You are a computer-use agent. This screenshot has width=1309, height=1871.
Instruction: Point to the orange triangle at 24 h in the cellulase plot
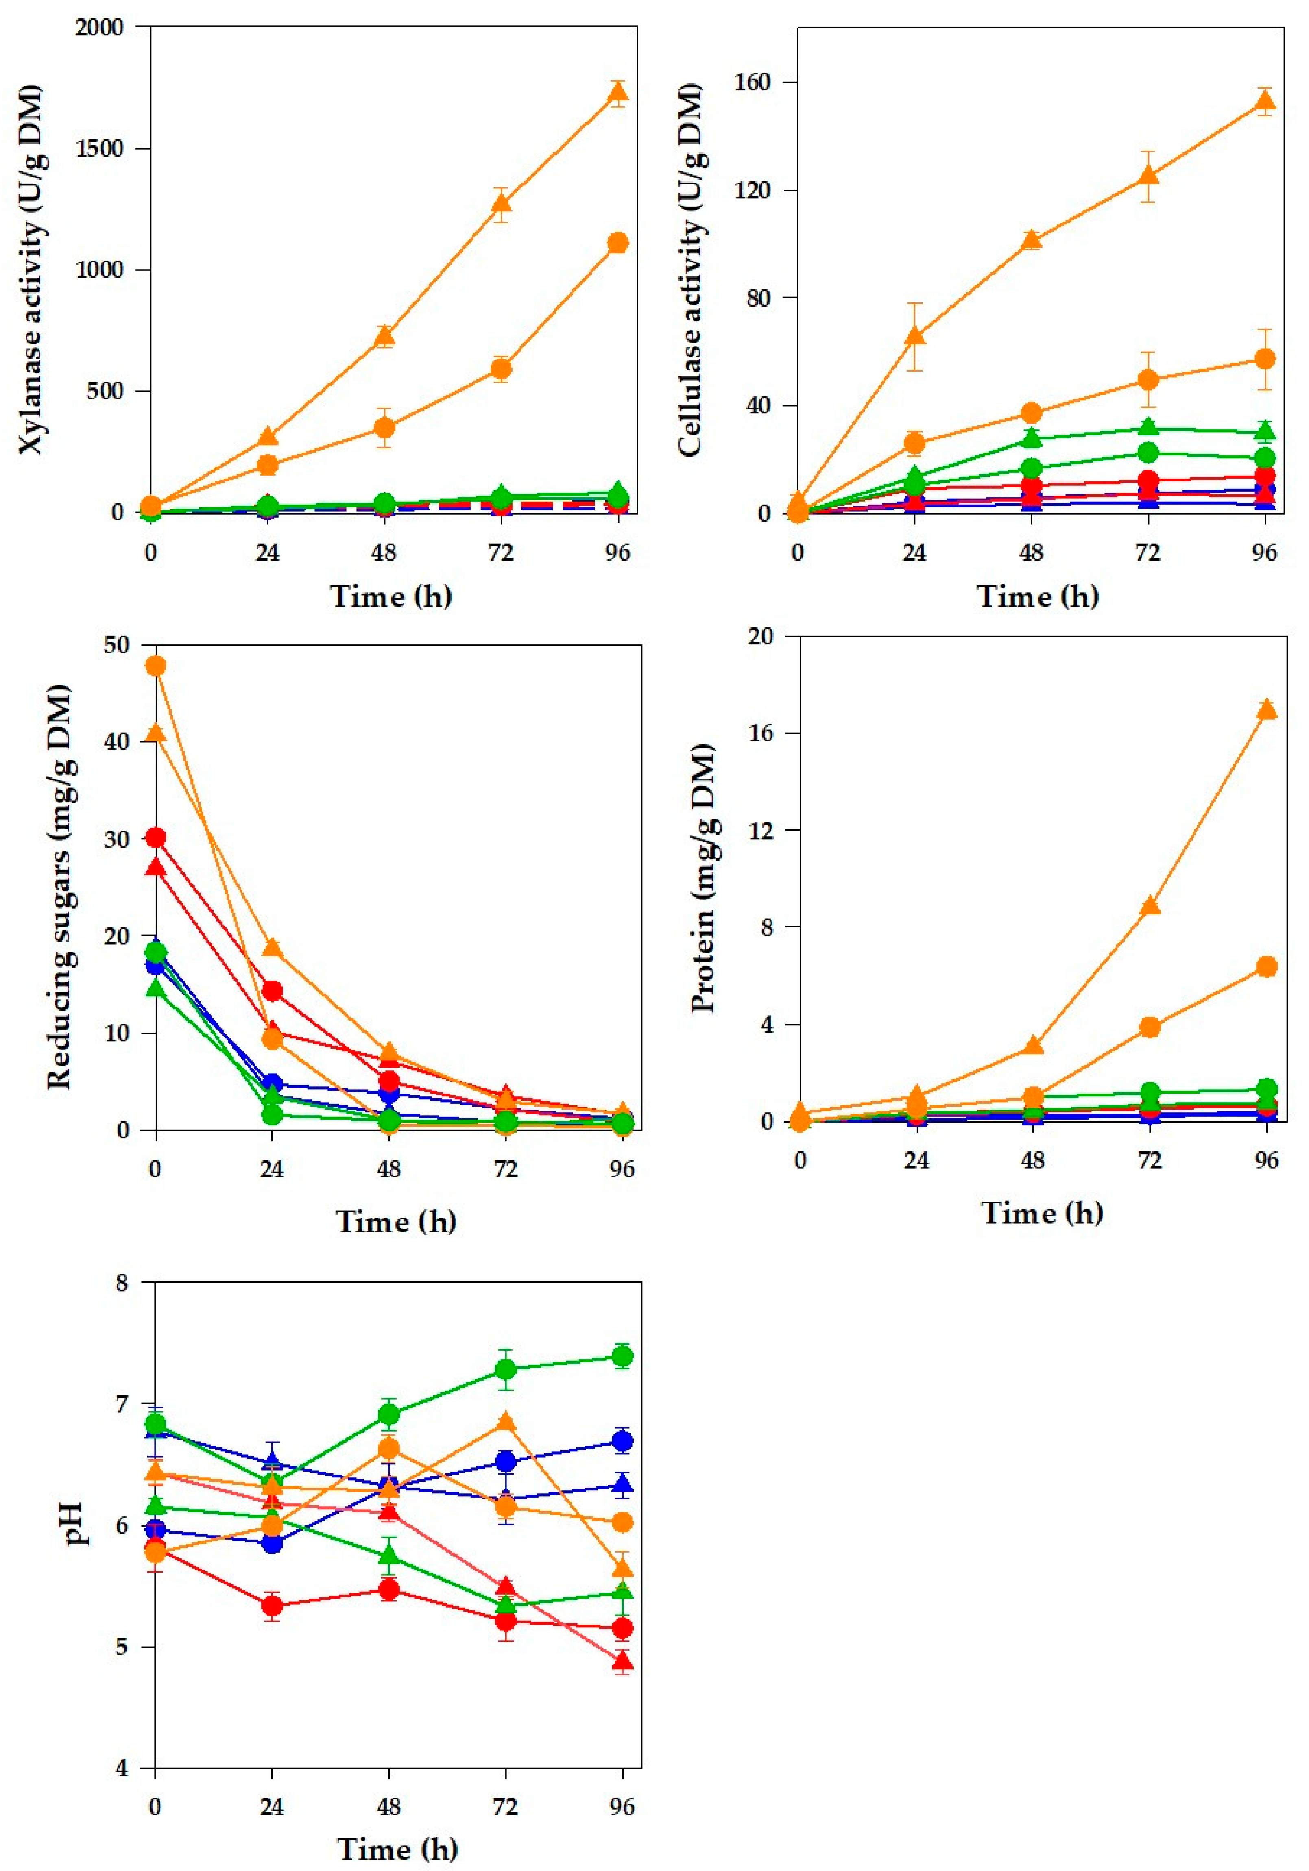[915, 336]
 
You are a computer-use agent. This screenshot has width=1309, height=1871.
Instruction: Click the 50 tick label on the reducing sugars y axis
[117, 644]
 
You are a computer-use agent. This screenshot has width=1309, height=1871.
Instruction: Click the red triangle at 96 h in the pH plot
[623, 1661]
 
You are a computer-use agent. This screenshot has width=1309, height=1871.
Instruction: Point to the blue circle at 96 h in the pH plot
[623, 1442]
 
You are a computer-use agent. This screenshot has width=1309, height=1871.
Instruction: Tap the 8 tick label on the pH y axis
[122, 1284]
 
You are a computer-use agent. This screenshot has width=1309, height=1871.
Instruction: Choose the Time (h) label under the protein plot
[1042, 1213]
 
